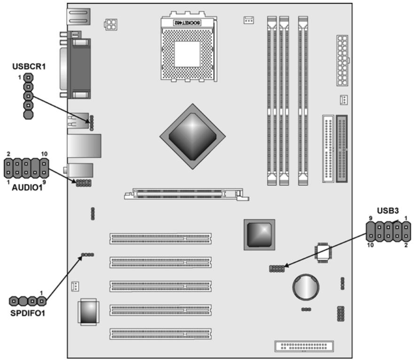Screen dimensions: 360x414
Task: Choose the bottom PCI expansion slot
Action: point(161,334)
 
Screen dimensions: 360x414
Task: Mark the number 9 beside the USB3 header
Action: point(371,218)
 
